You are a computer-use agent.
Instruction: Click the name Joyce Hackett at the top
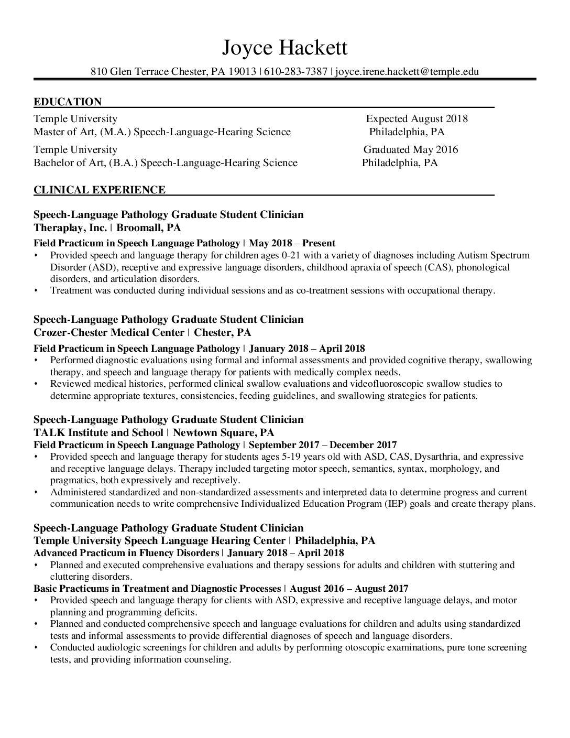[284, 48]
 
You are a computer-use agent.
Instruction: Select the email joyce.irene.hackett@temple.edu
[407, 72]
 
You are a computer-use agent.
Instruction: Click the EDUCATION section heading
[68, 102]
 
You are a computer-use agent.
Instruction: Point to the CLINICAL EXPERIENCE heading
[100, 190]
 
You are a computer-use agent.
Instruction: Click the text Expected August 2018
[416, 118]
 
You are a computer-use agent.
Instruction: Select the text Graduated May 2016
[411, 150]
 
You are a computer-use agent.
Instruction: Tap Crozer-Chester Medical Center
[109, 333]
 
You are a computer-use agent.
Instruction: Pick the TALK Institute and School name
[98, 433]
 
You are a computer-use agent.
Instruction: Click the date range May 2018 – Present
[292, 243]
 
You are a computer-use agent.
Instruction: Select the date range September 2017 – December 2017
[322, 445]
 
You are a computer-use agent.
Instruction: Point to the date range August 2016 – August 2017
[349, 589]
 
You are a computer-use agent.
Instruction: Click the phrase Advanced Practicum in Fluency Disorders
[126, 553]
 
